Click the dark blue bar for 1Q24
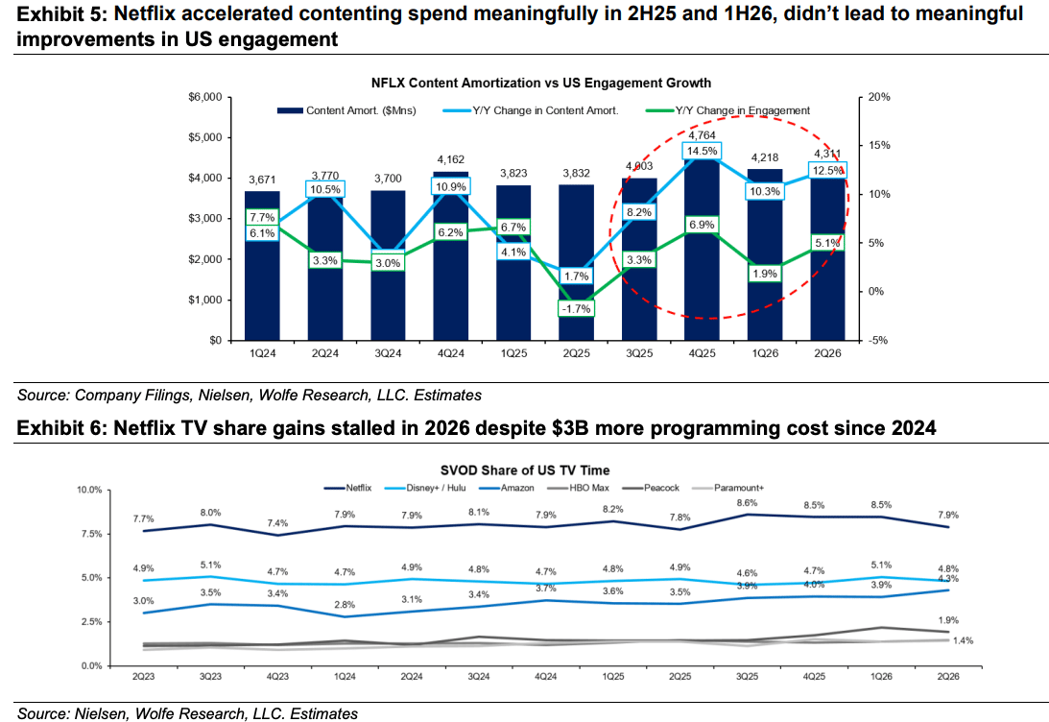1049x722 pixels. pos(262,266)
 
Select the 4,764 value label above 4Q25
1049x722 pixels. pos(702,135)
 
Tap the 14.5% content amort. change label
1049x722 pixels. pos(702,152)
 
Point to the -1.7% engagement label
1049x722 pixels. pos(576,309)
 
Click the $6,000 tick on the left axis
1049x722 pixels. pos(205,97)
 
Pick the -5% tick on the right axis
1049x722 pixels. pos(878,340)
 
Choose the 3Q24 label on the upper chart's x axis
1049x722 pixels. pos(388,353)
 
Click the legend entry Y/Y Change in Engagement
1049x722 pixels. pos(727,110)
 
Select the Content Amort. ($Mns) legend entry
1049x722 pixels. pos(346,110)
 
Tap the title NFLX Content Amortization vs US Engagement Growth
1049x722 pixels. pos(541,83)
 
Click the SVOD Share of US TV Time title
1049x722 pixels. pos(525,470)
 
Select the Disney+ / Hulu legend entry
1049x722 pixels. pos(425,488)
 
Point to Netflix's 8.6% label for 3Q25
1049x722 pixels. pos(747,502)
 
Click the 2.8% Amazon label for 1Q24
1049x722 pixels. pos(345,605)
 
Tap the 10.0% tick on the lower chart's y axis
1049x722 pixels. pos(89,490)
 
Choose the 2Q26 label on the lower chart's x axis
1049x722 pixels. pos(948,677)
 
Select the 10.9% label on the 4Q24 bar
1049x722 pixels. pos(451,186)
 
